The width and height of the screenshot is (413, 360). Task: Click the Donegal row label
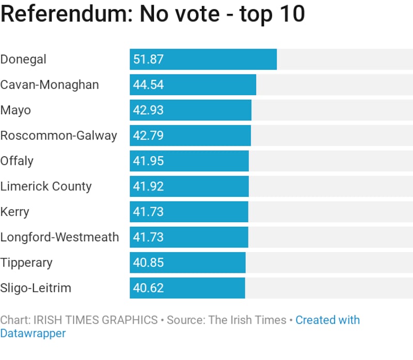click(x=23, y=59)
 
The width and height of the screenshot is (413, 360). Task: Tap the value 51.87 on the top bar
click(x=148, y=59)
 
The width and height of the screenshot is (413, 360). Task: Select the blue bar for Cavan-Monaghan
click(x=206, y=85)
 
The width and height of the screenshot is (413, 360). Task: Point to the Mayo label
click(x=15, y=110)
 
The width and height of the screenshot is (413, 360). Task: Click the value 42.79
click(x=148, y=135)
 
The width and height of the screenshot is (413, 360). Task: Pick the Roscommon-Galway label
click(x=58, y=135)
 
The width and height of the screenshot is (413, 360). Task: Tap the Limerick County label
click(x=46, y=186)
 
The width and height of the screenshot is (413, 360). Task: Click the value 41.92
click(x=148, y=186)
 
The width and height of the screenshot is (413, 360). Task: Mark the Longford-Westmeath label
click(x=59, y=237)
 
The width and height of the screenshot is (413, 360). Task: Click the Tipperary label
click(x=26, y=262)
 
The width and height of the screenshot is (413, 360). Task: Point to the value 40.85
click(x=148, y=262)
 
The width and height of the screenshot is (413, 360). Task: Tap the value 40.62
click(x=148, y=288)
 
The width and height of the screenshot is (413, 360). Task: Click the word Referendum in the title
click(x=65, y=14)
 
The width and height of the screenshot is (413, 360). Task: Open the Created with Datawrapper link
click(x=327, y=320)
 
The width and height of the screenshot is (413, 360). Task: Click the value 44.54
click(x=148, y=85)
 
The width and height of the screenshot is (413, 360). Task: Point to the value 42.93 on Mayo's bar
click(x=148, y=110)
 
